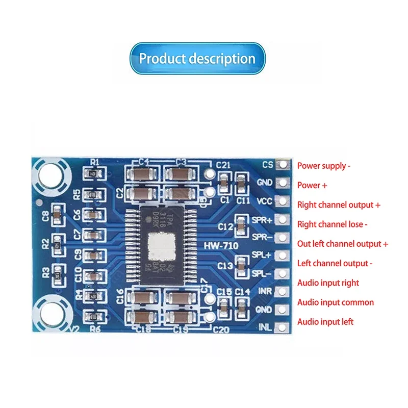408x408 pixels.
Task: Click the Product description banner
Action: tap(197, 59)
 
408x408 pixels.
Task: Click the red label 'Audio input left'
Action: tap(325, 322)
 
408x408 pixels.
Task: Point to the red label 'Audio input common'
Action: tap(335, 302)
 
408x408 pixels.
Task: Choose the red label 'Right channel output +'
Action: tap(339, 205)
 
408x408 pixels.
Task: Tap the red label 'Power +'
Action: tap(312, 186)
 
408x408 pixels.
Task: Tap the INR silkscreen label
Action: tap(264, 291)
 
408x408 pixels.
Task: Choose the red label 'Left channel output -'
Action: tap(335, 264)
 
